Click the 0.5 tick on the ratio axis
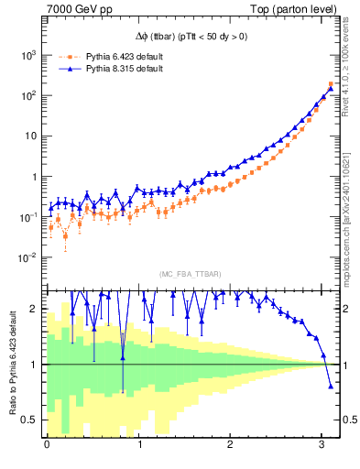point(31,420)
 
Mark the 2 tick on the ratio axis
point(35,309)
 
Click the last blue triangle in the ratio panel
point(331,386)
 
